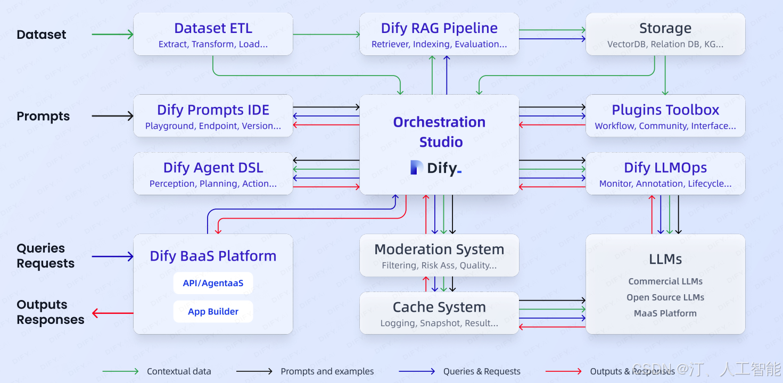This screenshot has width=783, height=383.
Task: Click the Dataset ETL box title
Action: point(213,28)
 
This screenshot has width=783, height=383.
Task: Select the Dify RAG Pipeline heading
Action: point(439,28)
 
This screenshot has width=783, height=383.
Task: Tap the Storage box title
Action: point(665,28)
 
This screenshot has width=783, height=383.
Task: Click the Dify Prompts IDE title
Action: point(213,110)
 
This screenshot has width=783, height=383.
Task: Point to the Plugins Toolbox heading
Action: point(665,110)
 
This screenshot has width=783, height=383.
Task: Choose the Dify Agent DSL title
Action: point(213,168)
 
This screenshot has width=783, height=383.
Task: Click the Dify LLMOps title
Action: point(665,168)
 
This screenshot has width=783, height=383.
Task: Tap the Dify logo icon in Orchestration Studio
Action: point(417,168)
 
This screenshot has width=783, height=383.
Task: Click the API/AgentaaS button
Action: point(213,283)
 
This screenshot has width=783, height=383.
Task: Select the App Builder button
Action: point(213,312)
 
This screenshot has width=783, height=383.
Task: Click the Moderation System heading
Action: point(439,249)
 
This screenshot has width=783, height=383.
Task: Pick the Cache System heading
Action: point(439,307)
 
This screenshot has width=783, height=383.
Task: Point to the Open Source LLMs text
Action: point(665,297)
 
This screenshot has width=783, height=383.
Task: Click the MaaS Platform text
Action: point(665,313)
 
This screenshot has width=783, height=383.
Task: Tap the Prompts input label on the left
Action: point(43,116)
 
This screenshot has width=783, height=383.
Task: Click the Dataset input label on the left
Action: point(42,35)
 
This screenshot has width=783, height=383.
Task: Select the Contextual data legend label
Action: point(179,371)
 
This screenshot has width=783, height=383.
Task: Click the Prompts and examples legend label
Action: point(327,371)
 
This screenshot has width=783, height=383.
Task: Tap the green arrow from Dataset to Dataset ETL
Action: point(112,35)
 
